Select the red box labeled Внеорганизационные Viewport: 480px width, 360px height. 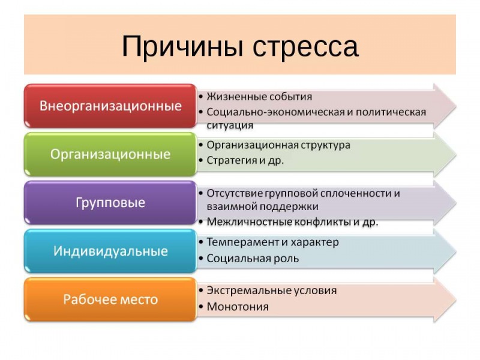tap(110, 106)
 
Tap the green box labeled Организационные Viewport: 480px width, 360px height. tap(110, 154)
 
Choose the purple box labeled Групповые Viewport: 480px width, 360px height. tap(110, 203)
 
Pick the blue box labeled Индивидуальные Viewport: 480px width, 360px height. tap(110, 251)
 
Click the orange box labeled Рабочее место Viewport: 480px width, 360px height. tap(110, 299)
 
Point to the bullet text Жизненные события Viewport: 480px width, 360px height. tap(259, 97)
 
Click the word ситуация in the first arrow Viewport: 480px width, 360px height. tap(230, 126)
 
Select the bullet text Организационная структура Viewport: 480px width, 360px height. tap(278, 145)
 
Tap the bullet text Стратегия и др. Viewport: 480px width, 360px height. tap(245, 160)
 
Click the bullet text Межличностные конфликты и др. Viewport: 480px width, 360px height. tap(292, 221)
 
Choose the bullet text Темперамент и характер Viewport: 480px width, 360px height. tap(272, 242)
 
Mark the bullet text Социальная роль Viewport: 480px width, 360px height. tap(253, 259)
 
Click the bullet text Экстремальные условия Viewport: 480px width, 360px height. tap(271, 290)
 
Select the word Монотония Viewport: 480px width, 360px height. tap(238, 307)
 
